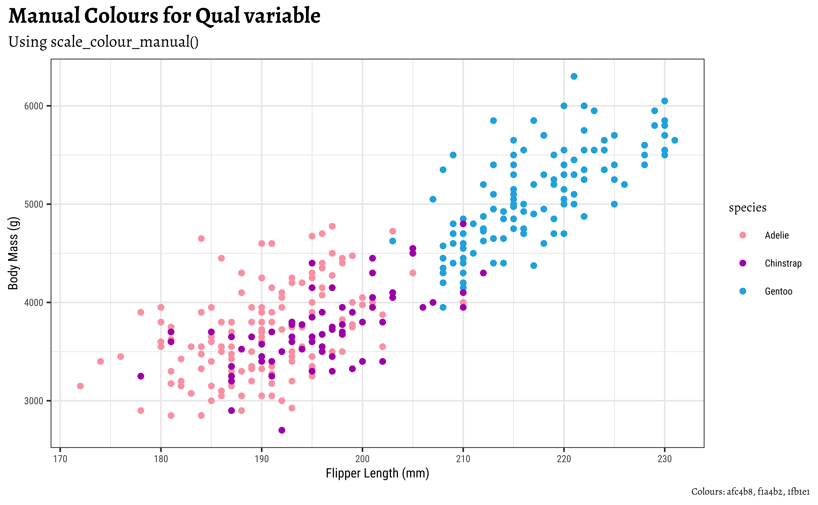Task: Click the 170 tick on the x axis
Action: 60,459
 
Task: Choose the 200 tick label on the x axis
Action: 362,459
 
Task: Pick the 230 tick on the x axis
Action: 665,459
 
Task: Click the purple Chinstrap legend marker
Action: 743,263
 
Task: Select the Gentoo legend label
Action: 778,291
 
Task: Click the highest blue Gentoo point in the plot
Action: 574,76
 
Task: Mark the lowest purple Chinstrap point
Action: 282,430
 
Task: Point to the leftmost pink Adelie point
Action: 80,386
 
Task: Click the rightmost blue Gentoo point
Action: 675,140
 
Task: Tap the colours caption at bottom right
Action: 750,492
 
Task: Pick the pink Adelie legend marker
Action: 743,235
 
